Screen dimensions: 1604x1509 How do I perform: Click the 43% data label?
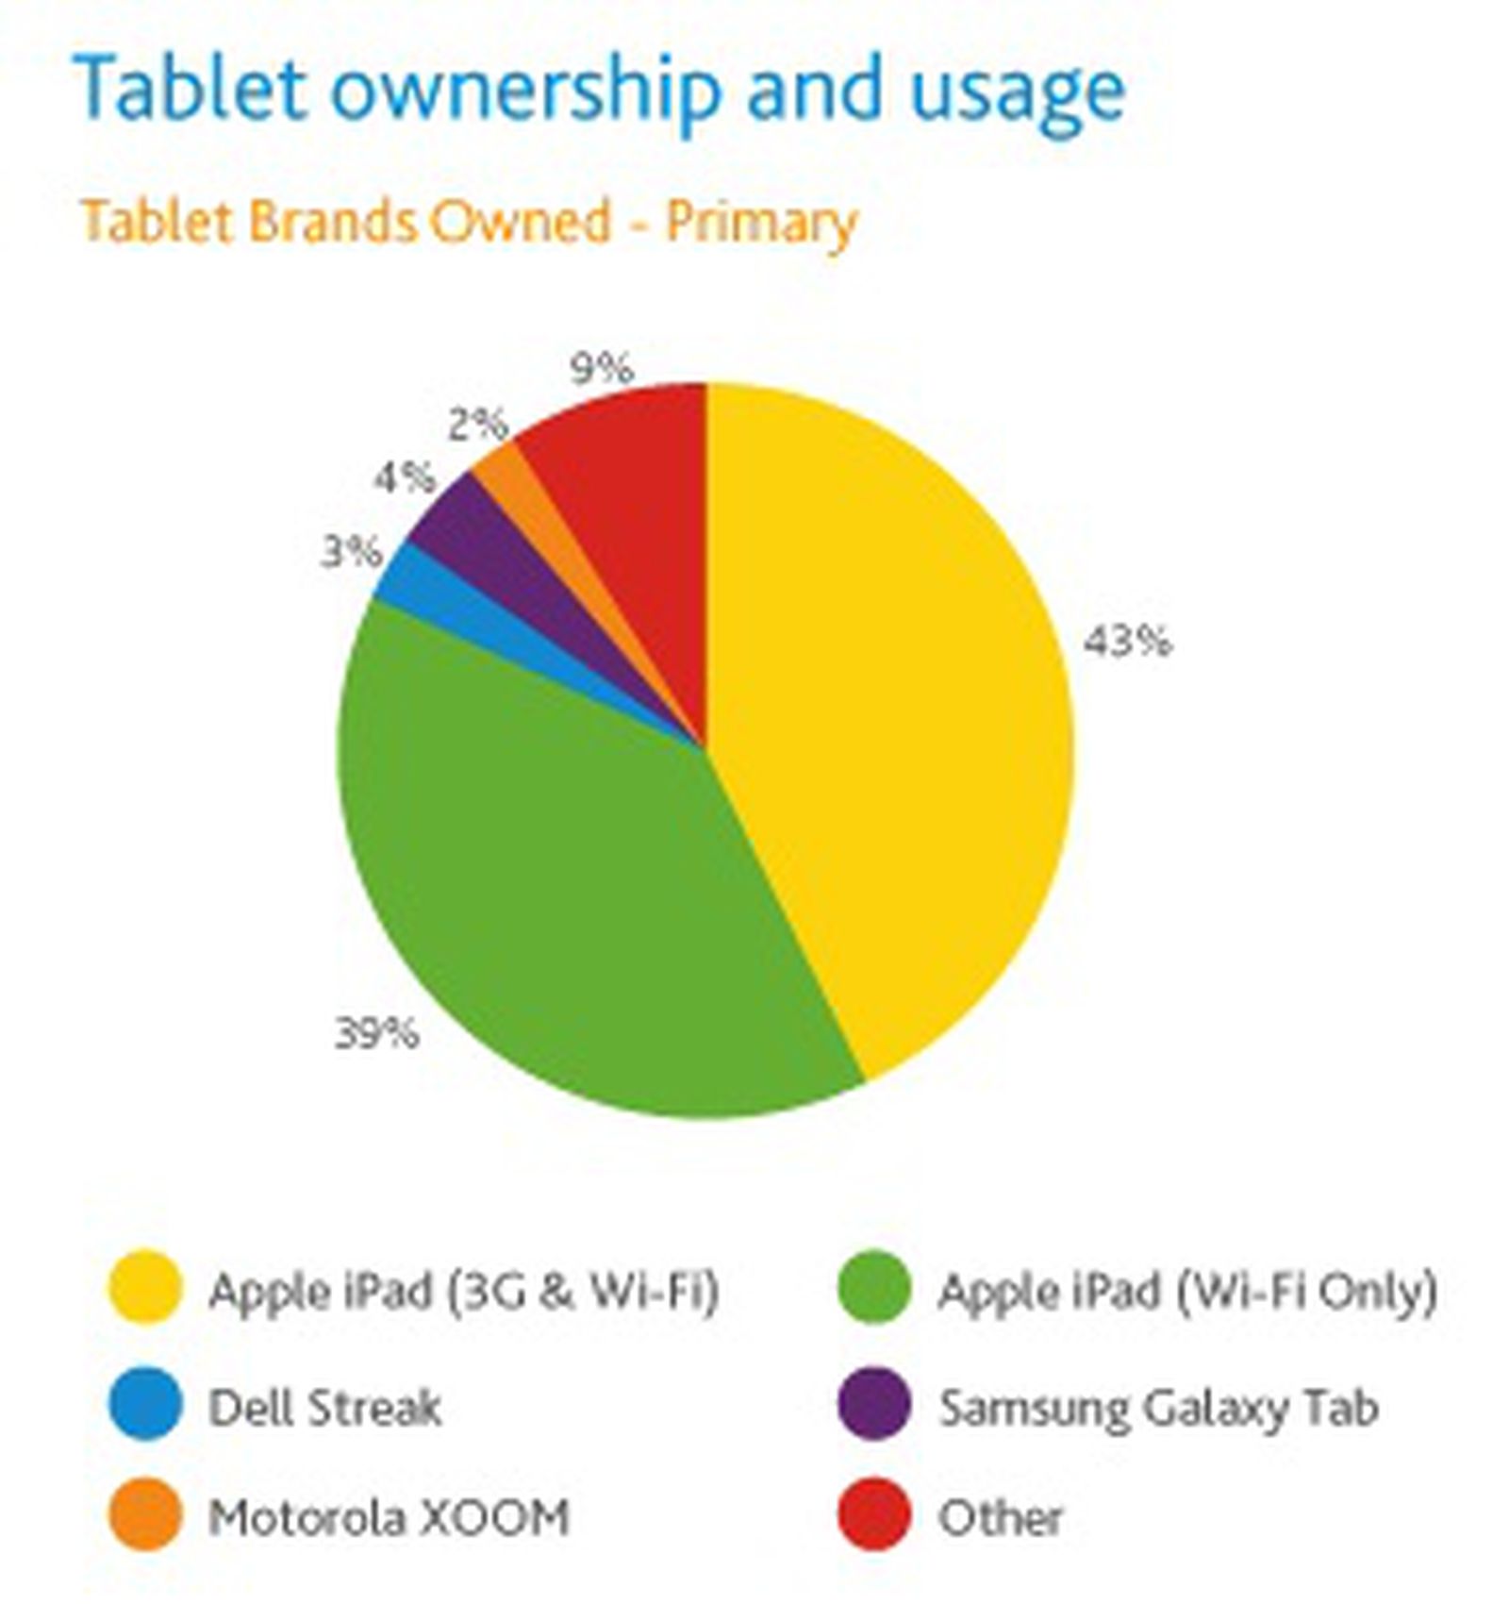tap(1126, 643)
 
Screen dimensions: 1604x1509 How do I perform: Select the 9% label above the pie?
tap(602, 368)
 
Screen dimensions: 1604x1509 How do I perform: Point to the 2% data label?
tap(477, 426)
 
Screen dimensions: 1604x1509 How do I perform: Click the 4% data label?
tap(405, 478)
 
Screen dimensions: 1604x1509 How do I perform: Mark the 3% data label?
tap(352, 552)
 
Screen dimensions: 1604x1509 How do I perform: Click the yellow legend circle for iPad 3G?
tap(144, 1289)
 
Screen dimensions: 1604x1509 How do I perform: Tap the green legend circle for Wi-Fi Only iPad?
tap(873, 1289)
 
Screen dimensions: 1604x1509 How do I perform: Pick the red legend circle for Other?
tap(873, 1515)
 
